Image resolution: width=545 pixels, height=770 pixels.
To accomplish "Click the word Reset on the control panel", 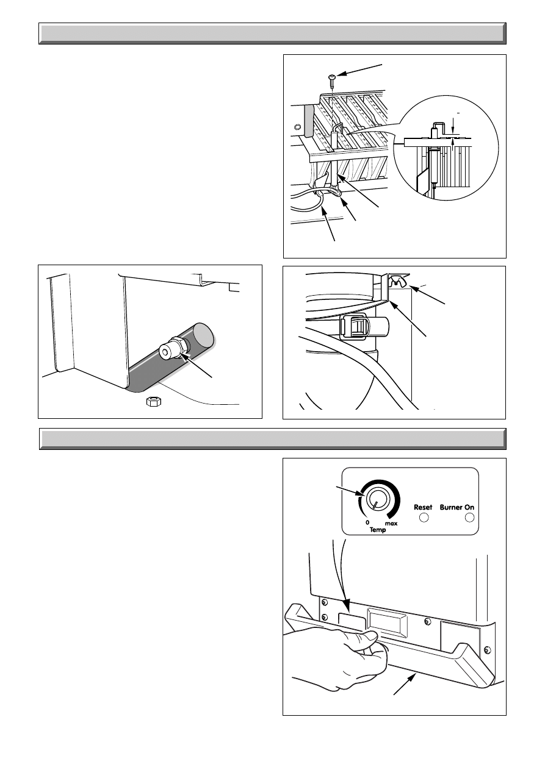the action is pyautogui.click(x=423, y=507).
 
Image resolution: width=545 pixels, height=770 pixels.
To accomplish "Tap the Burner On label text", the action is pyautogui.click(x=457, y=507).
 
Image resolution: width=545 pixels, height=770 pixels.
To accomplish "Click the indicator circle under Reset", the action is pyautogui.click(x=424, y=518).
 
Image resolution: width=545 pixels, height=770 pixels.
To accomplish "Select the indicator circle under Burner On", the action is pyautogui.click(x=470, y=518).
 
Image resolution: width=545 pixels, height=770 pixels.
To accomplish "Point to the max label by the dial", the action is pyautogui.click(x=391, y=524).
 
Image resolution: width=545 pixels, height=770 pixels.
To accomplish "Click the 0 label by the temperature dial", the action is pyautogui.click(x=367, y=522).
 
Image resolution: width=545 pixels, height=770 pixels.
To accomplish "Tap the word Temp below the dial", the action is pyautogui.click(x=378, y=530).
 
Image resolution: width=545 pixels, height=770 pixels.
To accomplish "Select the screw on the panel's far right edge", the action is pyautogui.click(x=487, y=649).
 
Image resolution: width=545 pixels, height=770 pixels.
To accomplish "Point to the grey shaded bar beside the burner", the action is pyautogui.click(x=308, y=120).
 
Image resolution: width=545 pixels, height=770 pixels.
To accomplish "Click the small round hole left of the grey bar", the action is pyautogui.click(x=297, y=127).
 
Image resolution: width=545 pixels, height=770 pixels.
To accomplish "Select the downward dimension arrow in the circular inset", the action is pyautogui.click(x=453, y=126).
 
